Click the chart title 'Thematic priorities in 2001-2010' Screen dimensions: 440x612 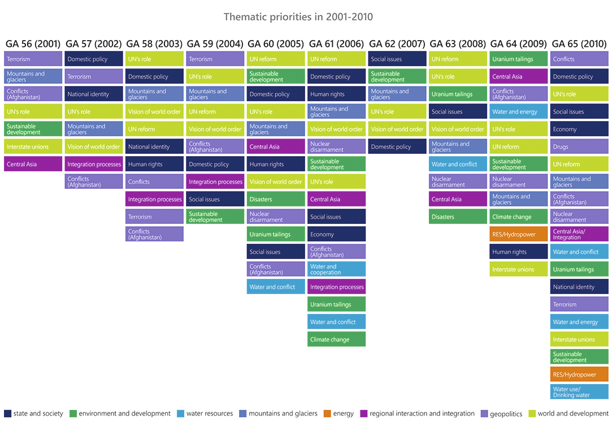pyautogui.click(x=298, y=16)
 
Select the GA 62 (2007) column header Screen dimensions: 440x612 pyautogui.click(x=397, y=44)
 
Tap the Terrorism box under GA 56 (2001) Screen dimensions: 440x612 pyautogui.click(x=33, y=59)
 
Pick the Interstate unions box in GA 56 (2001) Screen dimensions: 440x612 pyautogui.click(x=33, y=146)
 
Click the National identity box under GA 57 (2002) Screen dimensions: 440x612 pyautogui.click(x=94, y=94)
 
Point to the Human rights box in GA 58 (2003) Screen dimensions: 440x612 pyautogui.click(x=154, y=164)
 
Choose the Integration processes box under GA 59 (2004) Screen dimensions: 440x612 pyautogui.click(x=215, y=182)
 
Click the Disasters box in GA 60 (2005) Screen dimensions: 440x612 pyautogui.click(x=276, y=199)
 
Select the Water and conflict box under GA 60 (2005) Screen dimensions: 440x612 pyautogui.click(x=276, y=287)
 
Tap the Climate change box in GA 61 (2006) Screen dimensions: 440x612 pyautogui.click(x=336, y=339)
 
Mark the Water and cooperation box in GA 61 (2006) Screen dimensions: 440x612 pyautogui.click(x=336, y=269)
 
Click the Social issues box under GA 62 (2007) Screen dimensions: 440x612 pyautogui.click(x=397, y=59)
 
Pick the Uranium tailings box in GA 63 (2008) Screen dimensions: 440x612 pyautogui.click(x=458, y=94)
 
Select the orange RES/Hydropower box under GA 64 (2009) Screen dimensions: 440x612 pyautogui.click(x=518, y=234)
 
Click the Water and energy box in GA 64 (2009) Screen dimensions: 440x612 pyautogui.click(x=518, y=111)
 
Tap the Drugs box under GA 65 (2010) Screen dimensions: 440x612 pyautogui.click(x=579, y=146)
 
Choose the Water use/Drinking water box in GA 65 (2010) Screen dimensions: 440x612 pyautogui.click(x=579, y=392)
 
